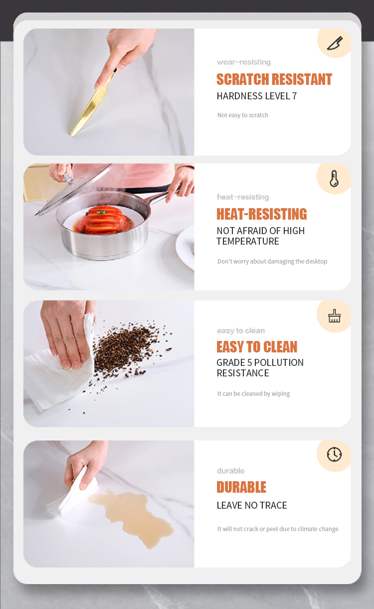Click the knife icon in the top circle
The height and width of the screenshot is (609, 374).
(335, 43)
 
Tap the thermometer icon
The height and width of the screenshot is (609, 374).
(334, 179)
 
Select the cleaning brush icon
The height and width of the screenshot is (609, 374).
(334, 316)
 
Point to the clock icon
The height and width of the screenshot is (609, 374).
(334, 454)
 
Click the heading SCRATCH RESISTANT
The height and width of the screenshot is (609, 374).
(274, 79)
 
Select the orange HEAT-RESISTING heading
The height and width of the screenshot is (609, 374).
(262, 214)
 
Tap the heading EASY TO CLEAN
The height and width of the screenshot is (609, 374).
(257, 347)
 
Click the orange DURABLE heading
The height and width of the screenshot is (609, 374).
(241, 487)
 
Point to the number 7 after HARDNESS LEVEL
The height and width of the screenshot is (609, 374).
(294, 96)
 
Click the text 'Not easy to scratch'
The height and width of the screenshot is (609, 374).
(243, 115)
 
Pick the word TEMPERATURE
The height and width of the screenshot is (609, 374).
(248, 242)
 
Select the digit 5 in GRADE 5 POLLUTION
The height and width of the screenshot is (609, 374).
(250, 363)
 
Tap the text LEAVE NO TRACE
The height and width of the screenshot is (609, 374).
(252, 505)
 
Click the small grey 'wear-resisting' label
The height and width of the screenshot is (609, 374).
(244, 62)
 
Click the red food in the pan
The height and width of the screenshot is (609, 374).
(105, 220)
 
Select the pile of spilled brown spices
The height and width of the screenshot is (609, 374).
(128, 345)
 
